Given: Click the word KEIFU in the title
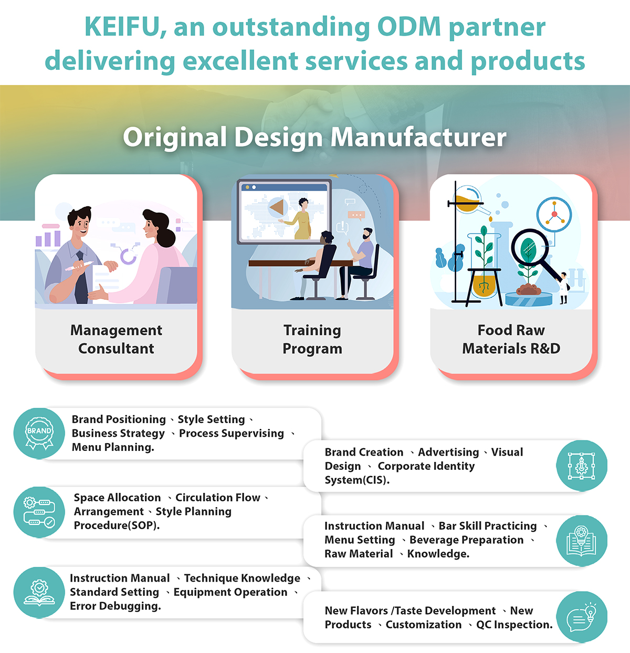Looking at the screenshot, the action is pos(121,27).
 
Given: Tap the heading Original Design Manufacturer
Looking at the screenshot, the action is pos(314,137).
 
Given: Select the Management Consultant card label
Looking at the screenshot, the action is pos(116,339).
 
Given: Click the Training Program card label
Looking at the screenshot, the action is pos(312,339).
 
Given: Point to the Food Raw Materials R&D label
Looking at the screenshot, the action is pos(511,339).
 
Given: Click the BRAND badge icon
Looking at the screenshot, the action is pos(39,433).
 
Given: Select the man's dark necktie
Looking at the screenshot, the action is pos(81,278).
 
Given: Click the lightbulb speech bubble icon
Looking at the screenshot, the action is pos(582,617).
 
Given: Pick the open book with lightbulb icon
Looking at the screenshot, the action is pos(582,541).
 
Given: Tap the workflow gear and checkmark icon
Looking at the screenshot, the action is pos(39,512).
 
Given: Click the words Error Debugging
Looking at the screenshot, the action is pos(115,606).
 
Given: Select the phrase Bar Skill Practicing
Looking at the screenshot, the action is pos(488,526).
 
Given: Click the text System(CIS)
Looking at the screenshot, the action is pos(357,480).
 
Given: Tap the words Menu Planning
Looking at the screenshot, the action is pos(113,447).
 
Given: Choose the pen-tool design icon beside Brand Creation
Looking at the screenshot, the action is pos(582,466).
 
